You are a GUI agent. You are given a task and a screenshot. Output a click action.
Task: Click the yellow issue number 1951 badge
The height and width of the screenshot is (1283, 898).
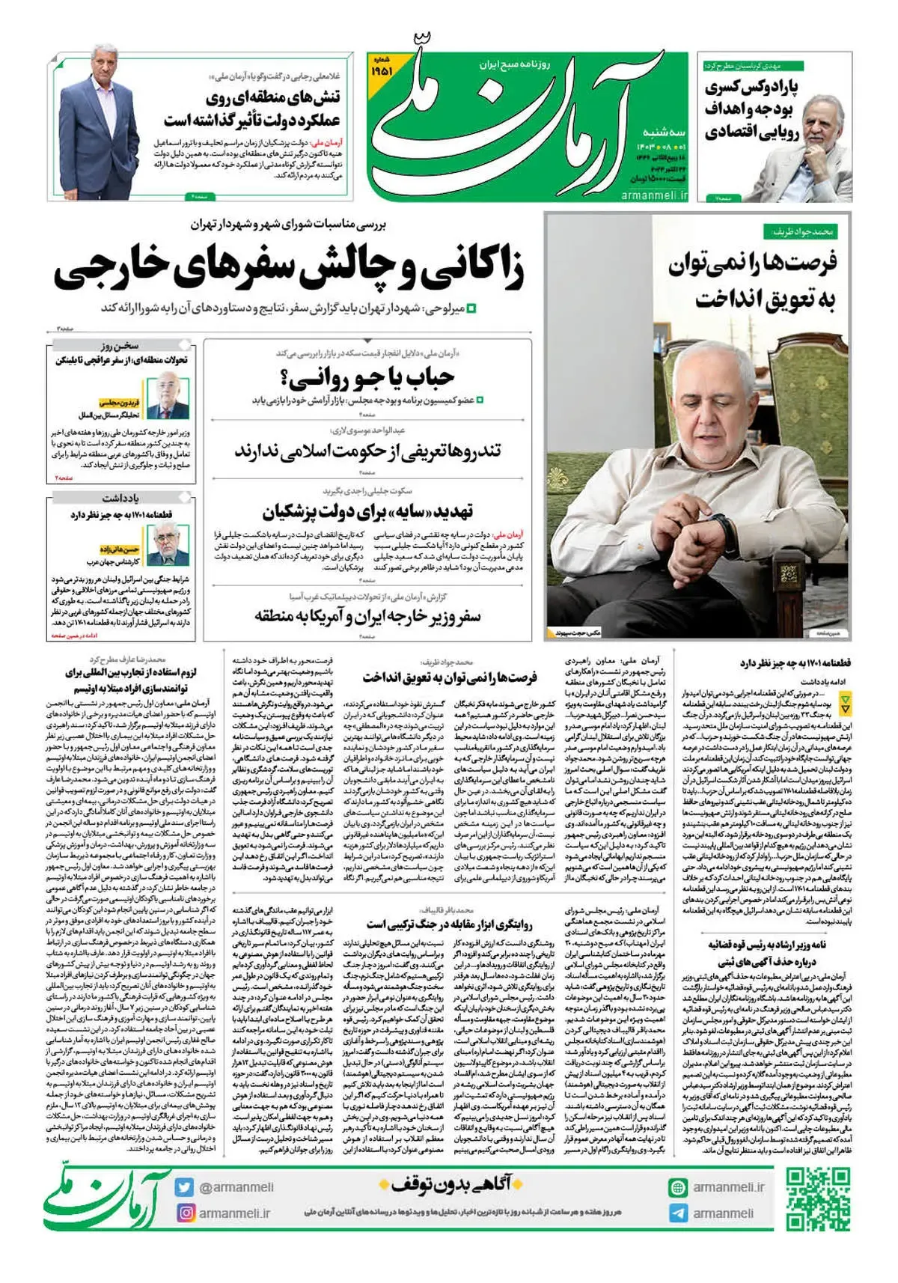pyautogui.click(x=381, y=70)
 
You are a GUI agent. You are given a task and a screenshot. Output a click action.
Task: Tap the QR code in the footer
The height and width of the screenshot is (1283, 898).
pyautogui.click(x=818, y=1199)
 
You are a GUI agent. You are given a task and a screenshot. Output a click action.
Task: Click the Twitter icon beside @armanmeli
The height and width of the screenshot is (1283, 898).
pyautogui.click(x=185, y=1186)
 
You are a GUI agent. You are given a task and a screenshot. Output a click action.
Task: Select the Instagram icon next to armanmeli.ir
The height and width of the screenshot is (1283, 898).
pyautogui.click(x=185, y=1213)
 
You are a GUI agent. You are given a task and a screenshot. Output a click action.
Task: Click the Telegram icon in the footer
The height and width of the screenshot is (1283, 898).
pyautogui.click(x=678, y=1213)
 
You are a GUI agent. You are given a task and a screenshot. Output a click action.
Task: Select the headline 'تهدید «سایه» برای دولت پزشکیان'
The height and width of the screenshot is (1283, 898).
pyautogui.click(x=367, y=511)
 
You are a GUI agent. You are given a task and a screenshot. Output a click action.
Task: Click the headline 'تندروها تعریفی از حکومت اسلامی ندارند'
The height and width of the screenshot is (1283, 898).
pyautogui.click(x=367, y=451)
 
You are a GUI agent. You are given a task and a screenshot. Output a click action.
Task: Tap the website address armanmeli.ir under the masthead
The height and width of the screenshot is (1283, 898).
pyautogui.click(x=653, y=195)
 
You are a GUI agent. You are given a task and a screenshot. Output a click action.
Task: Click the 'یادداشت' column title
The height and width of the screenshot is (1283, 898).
pyautogui.click(x=121, y=498)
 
